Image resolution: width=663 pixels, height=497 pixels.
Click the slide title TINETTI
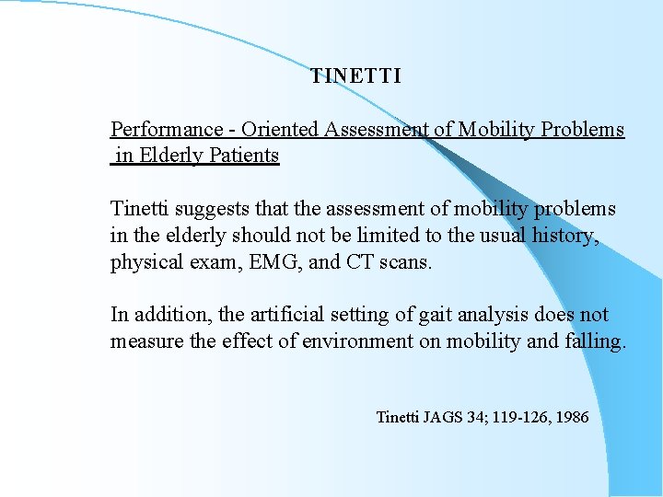click(355, 76)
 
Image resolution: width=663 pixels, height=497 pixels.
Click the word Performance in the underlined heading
click(167, 130)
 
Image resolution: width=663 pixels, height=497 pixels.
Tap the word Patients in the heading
click(244, 155)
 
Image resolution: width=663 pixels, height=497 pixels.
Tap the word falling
click(593, 341)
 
